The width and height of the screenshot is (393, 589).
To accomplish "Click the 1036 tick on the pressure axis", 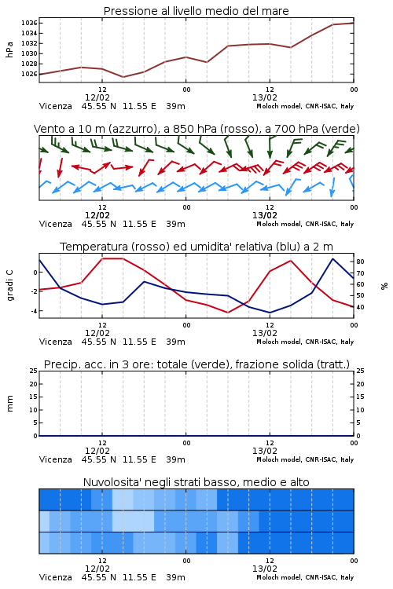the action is (x=29, y=23).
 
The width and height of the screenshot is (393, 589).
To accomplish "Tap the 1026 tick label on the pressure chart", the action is (x=29, y=74).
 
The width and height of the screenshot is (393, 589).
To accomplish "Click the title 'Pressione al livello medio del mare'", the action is (x=196, y=11).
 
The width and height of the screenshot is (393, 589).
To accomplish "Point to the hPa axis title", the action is (x=9, y=49).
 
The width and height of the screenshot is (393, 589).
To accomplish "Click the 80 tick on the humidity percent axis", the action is (x=360, y=262).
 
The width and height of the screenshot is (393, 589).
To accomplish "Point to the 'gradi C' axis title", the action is (x=9, y=285).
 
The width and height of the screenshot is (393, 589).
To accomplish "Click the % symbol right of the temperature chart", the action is (x=384, y=286).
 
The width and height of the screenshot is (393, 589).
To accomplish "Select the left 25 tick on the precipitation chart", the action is (x=34, y=371).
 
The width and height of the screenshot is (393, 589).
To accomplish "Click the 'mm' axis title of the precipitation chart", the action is (x=9, y=404).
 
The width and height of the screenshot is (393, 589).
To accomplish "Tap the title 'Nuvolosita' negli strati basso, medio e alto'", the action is (x=196, y=482).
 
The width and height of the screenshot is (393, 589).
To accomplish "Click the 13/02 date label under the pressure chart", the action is (x=265, y=97).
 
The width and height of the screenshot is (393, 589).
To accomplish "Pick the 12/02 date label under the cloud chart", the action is (x=97, y=569).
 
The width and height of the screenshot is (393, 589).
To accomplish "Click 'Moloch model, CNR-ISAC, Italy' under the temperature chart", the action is (x=305, y=342).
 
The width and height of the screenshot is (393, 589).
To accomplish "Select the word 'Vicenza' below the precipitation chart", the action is (x=56, y=459).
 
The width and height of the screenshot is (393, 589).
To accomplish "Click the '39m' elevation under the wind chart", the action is (x=175, y=225).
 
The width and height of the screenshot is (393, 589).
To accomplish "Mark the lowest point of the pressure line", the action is (x=123, y=77).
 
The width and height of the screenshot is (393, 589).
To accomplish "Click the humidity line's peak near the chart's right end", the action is (x=332, y=259).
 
